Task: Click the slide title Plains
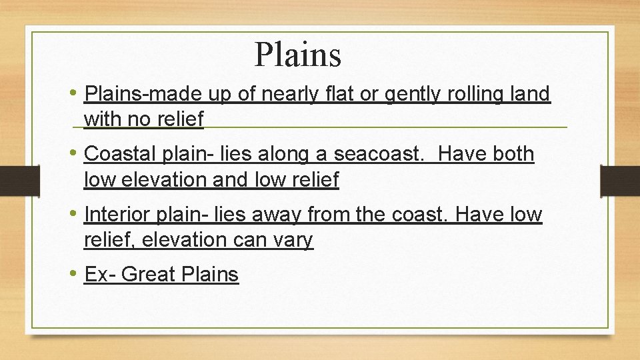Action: [x=297, y=55]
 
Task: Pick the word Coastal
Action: [x=121, y=154]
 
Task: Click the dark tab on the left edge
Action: [x=11, y=180]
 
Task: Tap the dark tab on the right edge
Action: [x=621, y=180]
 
